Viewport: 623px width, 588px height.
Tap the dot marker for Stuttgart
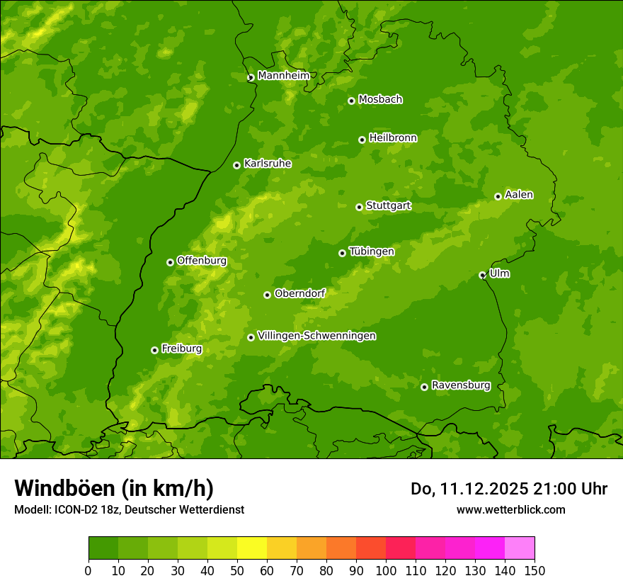coord(359,207)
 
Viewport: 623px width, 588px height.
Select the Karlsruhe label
coord(267,163)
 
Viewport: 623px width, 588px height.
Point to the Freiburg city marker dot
coord(154,350)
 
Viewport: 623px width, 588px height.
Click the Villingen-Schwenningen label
coord(316,336)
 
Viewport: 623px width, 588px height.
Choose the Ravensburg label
coord(460,385)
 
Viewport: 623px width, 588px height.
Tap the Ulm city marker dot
coord(482,275)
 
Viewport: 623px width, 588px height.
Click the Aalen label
coord(519,195)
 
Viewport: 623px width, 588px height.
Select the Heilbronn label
coord(393,137)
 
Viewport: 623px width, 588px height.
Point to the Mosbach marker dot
coord(351,101)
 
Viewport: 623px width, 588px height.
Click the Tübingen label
coord(371,251)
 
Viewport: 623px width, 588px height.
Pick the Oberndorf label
coord(299,293)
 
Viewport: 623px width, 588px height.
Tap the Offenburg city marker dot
coord(170,262)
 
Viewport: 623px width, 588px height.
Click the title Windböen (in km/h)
coord(114,488)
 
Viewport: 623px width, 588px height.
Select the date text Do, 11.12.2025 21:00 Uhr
coord(508,489)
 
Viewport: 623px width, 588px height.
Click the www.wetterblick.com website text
coord(510,509)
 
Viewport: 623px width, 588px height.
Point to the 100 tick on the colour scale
coord(386,570)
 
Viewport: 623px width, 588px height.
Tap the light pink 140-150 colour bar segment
coord(520,548)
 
